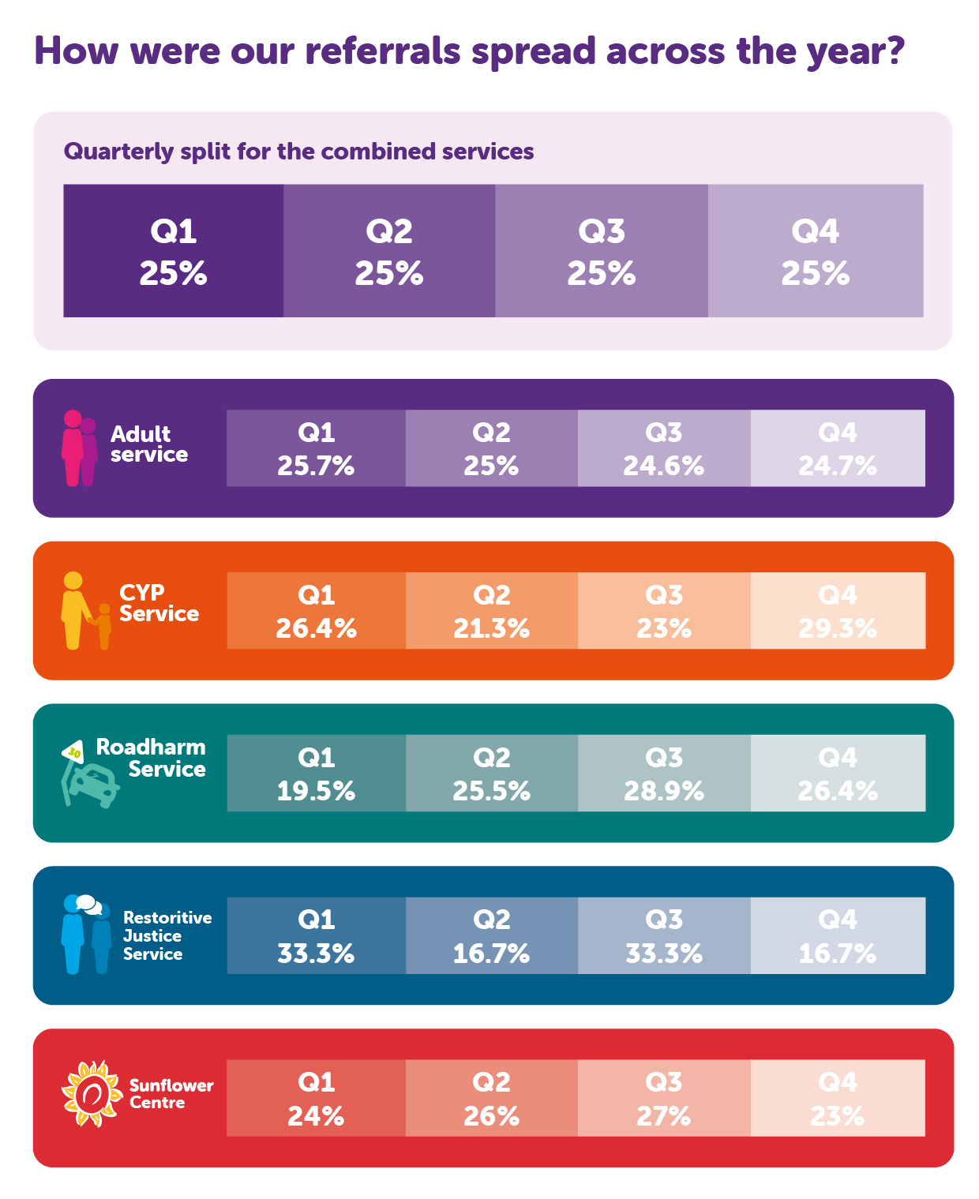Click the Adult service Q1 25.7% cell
(x=316, y=448)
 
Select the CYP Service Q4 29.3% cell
(x=838, y=611)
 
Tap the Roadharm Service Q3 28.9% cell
(x=664, y=774)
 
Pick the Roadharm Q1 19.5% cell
(x=316, y=774)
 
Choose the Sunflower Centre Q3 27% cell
(x=664, y=1098)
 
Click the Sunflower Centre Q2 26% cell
(x=491, y=1098)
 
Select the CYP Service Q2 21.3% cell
(x=491, y=611)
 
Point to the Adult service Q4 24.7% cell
(x=838, y=448)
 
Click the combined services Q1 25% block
(x=174, y=251)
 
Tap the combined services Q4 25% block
(x=816, y=251)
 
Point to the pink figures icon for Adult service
(x=79, y=448)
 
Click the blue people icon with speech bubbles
(x=86, y=935)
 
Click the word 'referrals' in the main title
(x=382, y=51)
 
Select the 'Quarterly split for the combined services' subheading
(x=298, y=152)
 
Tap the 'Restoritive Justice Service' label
(x=167, y=935)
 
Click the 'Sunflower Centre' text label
(x=171, y=1094)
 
